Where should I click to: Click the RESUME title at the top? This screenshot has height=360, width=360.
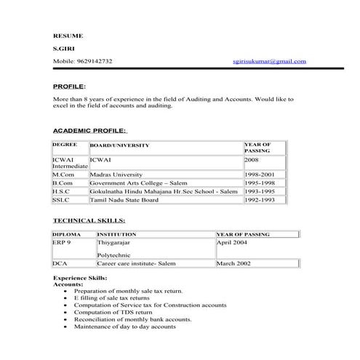point(68,35)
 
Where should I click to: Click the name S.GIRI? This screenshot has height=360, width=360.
point(64,48)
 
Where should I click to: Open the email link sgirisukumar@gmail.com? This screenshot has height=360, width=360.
point(270,61)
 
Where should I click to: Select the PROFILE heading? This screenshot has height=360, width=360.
point(69,86)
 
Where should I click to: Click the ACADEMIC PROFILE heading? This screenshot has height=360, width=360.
point(89,131)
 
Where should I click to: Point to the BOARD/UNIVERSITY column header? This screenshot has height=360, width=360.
point(119,145)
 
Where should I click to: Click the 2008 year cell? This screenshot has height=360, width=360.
point(252,159)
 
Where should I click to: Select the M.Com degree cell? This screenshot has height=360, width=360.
point(63,175)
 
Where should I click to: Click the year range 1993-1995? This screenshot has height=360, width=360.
point(260,191)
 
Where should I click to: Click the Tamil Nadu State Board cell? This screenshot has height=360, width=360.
point(124,199)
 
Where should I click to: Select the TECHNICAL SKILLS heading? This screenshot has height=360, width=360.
point(89,220)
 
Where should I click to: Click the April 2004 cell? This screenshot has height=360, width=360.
point(233,242)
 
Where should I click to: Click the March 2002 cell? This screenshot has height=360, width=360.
point(233,263)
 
